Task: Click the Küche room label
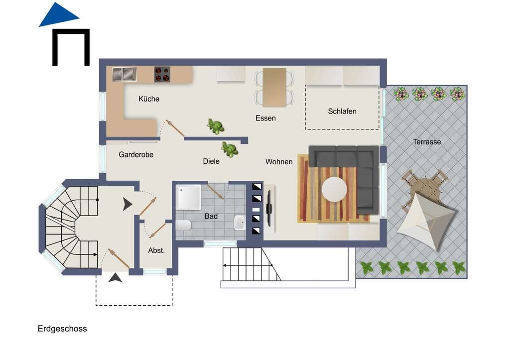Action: coord(148,99)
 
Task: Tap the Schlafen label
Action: coord(342,111)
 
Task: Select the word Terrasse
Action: coord(427,142)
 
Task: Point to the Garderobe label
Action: coord(136,154)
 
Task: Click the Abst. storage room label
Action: coord(156,250)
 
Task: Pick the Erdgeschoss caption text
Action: coord(62,329)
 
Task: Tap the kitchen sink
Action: coord(124,74)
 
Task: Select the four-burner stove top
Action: coord(162,75)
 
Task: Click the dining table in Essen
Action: coord(274,87)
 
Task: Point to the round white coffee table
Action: coord(334,189)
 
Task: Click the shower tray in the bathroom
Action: coord(188,197)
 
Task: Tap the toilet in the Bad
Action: coord(183,226)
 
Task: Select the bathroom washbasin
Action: coord(240,223)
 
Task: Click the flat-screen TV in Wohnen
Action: coord(269,209)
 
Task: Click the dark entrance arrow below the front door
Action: coord(115,278)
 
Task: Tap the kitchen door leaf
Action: coord(175,128)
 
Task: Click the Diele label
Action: coord(211,161)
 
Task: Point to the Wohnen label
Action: coord(279,162)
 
